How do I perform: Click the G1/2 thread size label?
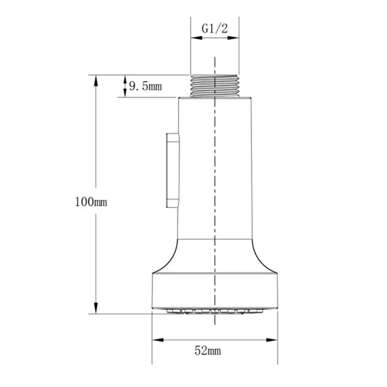[215, 29]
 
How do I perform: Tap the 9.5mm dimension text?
[145, 86]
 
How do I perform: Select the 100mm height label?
[91, 202]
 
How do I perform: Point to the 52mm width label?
[208, 351]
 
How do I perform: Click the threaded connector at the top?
[215, 86]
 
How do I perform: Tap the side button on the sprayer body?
[172, 170]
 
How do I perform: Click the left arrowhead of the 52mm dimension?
[158, 340]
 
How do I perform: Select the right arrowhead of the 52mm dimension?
[272, 340]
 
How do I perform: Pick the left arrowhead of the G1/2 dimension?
[196, 38]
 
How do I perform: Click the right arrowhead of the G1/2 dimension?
[233, 38]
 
